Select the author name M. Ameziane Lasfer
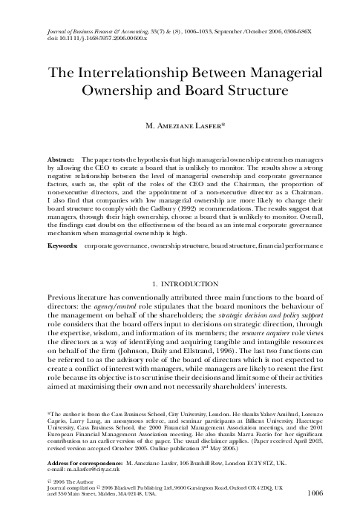(180, 126)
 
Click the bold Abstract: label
(61, 159)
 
